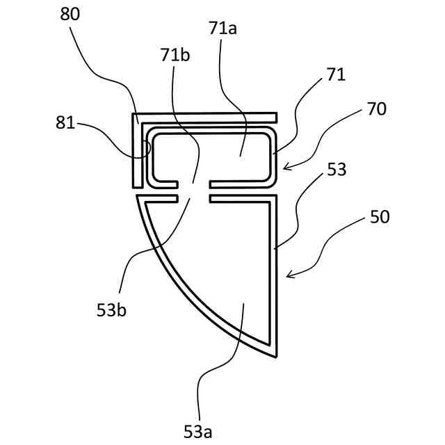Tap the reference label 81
pos(66,124)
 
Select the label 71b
pos(175,55)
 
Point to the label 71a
pos(222,29)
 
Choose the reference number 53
pos(337,170)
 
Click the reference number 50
pos(380,217)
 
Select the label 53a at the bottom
pos(197,432)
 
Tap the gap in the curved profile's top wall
pos(199,199)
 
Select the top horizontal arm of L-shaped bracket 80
pos(209,116)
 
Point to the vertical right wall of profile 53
pos(274,278)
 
